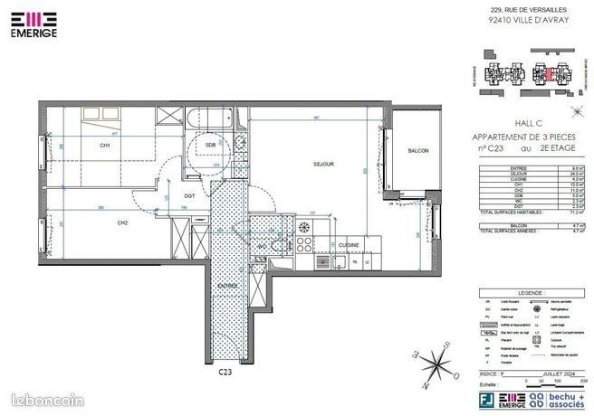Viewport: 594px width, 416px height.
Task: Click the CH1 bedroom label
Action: pos(105,146)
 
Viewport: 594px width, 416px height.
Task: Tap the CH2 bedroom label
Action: pos(121,222)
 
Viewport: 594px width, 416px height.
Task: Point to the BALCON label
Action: pos(417,151)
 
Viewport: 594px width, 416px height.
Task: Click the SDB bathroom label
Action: pos(210,145)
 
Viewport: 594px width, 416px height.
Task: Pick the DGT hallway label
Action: pos(190,196)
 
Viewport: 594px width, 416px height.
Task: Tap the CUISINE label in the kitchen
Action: pos(349,244)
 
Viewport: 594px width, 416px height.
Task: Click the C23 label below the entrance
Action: pos(225,372)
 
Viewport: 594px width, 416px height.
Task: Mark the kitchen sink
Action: pos(338,263)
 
